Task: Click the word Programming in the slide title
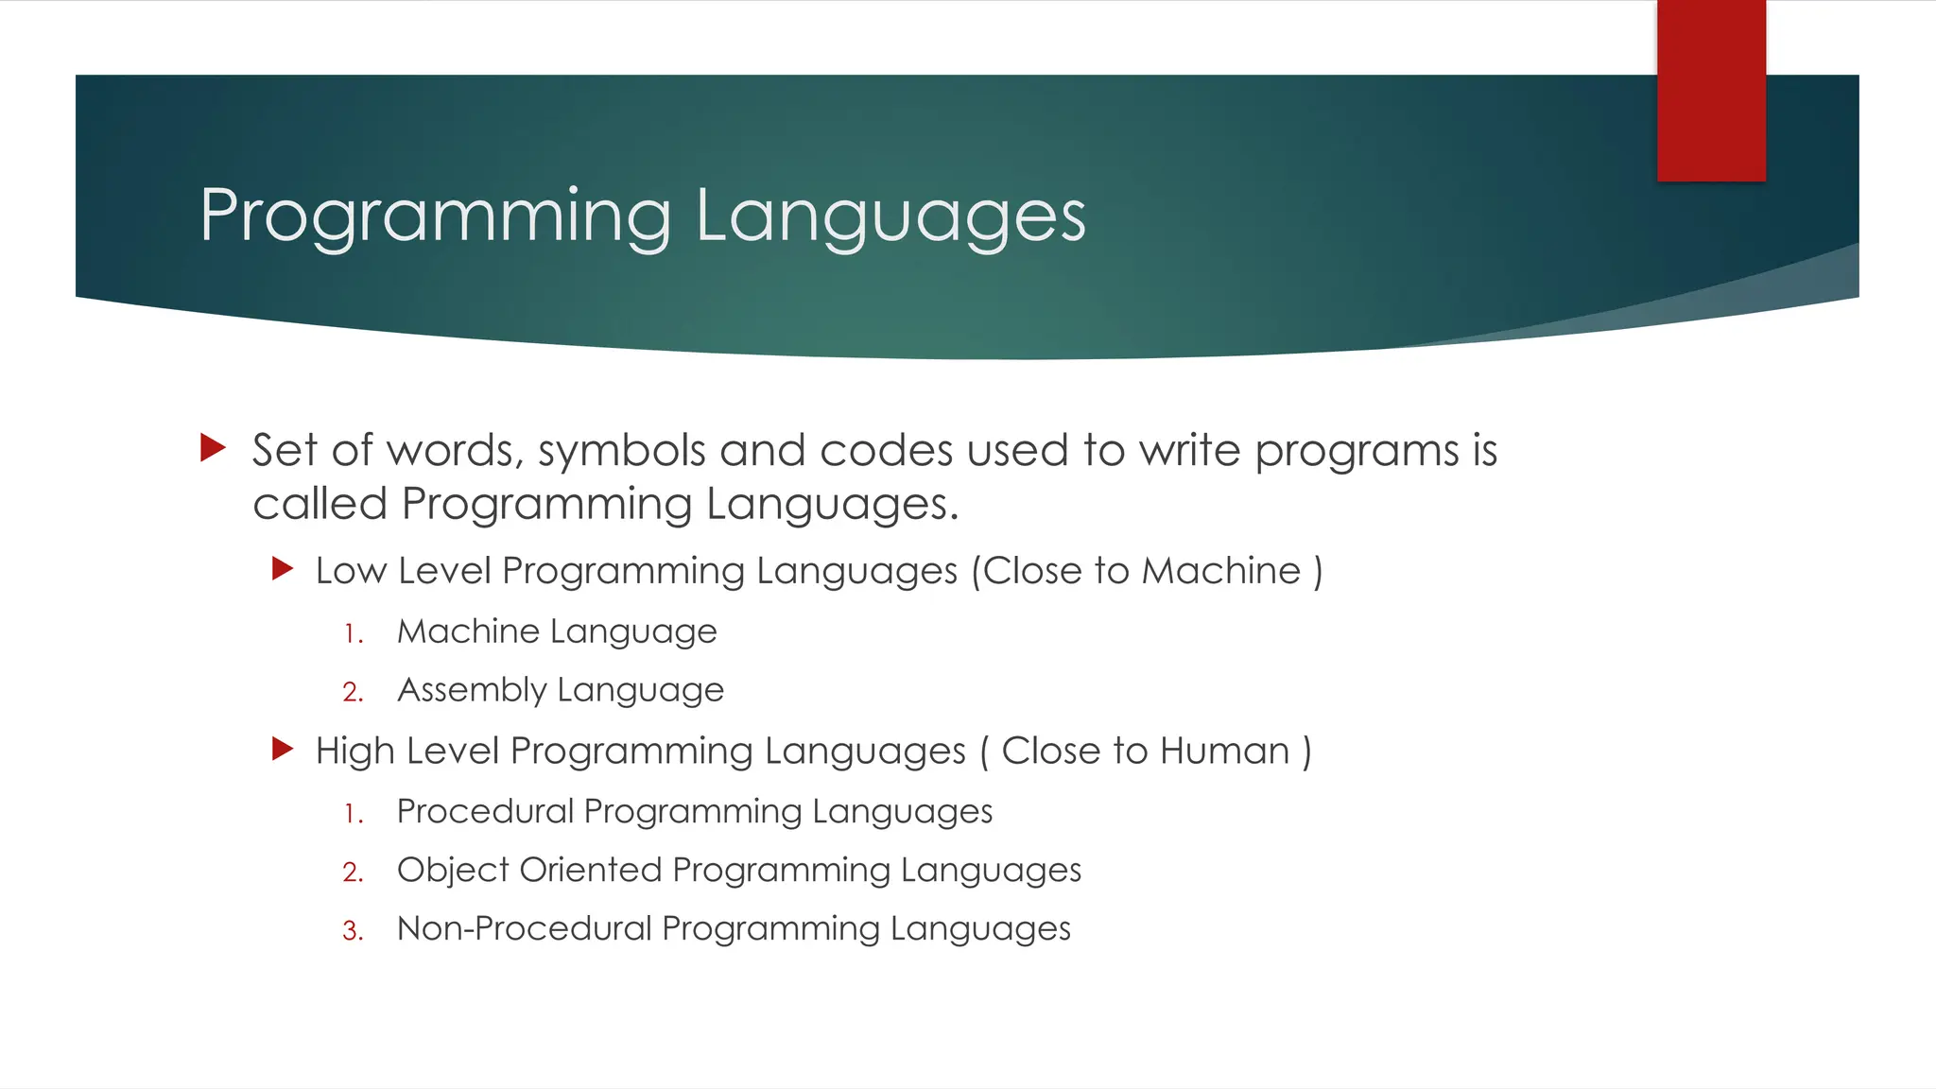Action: point(435,217)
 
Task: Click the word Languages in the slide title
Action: point(890,217)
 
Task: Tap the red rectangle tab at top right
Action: point(1711,91)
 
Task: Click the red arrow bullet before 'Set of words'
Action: point(214,448)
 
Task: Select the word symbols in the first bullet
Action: point(621,451)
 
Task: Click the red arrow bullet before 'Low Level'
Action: point(283,569)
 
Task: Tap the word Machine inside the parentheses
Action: point(1221,571)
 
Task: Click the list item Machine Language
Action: point(557,631)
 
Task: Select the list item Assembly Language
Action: point(560,690)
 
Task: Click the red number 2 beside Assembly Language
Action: point(353,692)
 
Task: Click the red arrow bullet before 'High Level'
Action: point(283,750)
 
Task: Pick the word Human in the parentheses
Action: point(1224,752)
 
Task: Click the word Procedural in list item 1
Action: point(485,811)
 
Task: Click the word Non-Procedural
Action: point(525,928)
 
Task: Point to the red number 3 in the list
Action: point(353,931)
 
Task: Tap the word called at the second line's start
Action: point(320,504)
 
